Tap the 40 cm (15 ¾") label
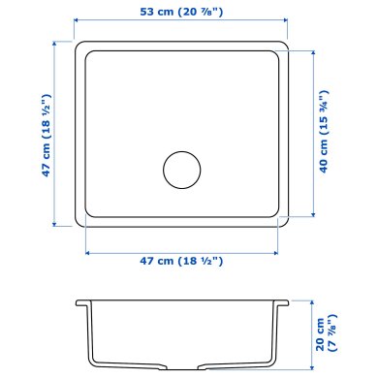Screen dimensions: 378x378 (x=331, y=134)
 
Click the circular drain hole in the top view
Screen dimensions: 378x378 (x=180, y=169)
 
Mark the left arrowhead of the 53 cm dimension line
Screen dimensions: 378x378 (x=79, y=26)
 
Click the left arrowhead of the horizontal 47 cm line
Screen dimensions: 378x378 (x=88, y=250)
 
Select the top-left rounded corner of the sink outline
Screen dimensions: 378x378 (x=82, y=46)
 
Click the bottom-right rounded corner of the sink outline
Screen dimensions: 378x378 (x=289, y=224)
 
